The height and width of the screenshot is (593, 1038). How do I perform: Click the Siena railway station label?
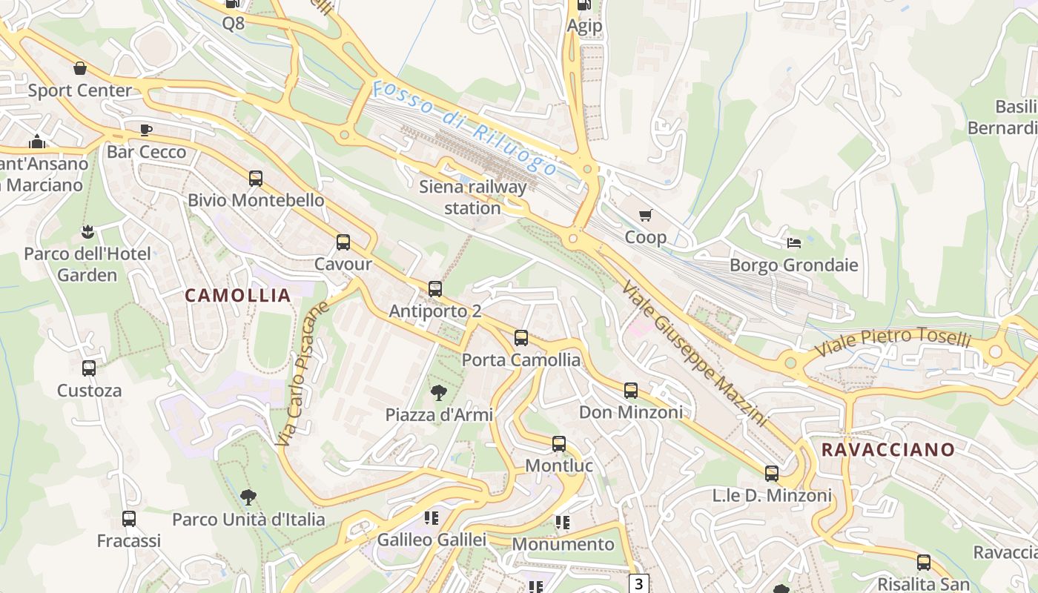click(472, 197)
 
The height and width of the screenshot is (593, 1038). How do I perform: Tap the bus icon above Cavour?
click(343, 242)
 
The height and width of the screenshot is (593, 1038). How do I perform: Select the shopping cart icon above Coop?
click(645, 216)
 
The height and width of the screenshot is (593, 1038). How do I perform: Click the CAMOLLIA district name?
click(237, 295)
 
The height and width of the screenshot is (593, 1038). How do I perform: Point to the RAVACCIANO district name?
click(887, 449)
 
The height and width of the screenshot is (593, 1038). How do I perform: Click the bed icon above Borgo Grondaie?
click(793, 243)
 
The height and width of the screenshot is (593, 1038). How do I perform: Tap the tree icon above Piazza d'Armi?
click(439, 393)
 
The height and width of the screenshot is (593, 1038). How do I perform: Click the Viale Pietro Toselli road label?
click(893, 340)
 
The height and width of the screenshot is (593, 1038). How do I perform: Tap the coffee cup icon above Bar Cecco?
click(146, 130)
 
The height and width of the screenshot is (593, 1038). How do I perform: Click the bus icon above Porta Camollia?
click(521, 339)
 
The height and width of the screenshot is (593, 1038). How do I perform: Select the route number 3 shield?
click(638, 583)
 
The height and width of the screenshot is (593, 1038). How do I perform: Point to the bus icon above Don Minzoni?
click(630, 391)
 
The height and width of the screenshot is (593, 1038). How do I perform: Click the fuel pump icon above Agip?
click(584, 5)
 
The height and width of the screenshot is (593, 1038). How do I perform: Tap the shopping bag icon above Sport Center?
click(80, 69)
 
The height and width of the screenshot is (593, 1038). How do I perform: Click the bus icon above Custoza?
click(89, 368)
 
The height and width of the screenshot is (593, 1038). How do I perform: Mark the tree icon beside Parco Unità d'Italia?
click(248, 497)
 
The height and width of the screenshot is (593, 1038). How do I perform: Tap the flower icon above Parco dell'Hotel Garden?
click(87, 232)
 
